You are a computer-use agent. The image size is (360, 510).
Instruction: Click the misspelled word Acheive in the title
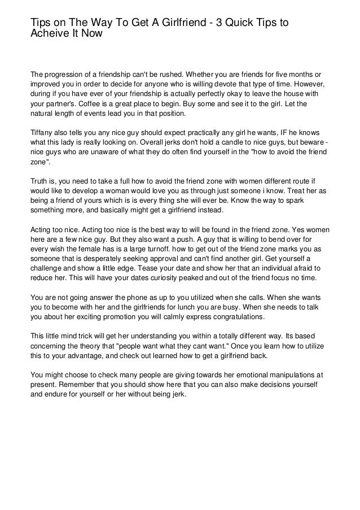(x=49, y=33)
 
